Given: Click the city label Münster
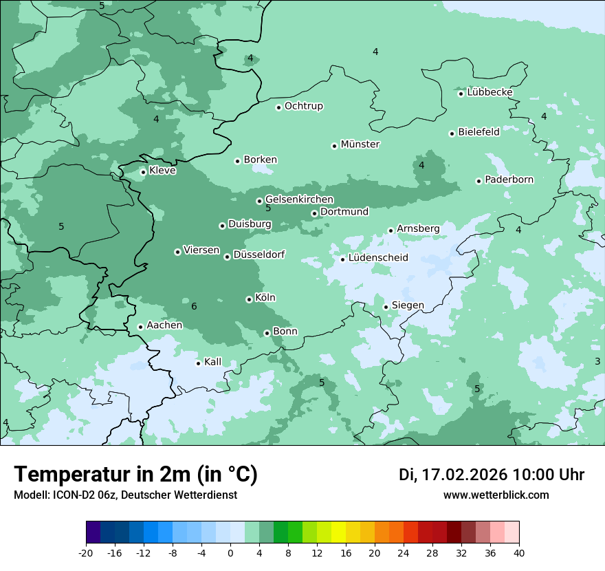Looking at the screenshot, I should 360,144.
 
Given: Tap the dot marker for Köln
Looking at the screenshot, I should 249,299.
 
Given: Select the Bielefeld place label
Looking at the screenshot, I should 478,132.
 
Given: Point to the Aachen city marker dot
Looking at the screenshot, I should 140,327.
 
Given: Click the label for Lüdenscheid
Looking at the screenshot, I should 378,258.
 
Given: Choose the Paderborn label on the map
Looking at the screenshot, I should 509,180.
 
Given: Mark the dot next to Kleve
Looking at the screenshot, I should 143,172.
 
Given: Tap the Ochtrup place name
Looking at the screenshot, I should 303,106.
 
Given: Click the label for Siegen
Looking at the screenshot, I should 408,305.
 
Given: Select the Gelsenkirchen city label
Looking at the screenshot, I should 299,200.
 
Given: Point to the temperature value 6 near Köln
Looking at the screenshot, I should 194,306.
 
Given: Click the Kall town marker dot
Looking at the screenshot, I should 198,363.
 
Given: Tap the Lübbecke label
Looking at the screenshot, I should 489,92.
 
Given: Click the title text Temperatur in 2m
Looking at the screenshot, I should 135,475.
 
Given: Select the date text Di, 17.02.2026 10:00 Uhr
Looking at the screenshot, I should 492,475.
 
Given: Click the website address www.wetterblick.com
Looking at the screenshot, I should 496,495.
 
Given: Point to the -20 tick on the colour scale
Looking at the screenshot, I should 86,552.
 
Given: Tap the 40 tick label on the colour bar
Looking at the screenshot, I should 518,552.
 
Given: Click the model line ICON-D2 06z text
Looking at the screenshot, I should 125,495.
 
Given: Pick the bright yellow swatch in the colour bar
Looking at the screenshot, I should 338,532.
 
